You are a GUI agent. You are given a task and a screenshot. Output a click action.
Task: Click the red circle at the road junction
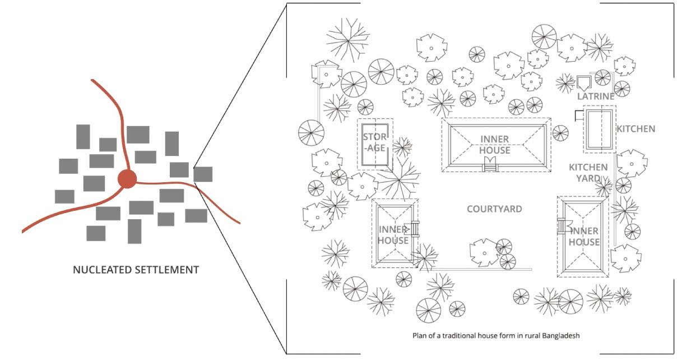pos(127,179)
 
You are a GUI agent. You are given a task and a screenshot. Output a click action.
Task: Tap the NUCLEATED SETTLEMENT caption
pos(136,270)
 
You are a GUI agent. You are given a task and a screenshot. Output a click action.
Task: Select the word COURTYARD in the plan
pos(494,209)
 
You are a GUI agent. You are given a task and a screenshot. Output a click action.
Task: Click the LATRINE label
pos(596,96)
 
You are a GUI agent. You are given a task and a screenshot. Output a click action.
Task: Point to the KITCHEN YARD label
pos(588,173)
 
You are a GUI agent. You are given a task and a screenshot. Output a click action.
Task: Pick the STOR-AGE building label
pos(374,142)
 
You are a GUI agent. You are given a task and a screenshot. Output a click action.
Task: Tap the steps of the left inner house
pos(415,229)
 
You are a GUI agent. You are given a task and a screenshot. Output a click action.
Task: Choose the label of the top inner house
pos(494,145)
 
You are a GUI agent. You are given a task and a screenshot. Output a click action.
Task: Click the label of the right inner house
pos(584,236)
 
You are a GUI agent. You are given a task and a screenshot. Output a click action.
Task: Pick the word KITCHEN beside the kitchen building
pos(635,129)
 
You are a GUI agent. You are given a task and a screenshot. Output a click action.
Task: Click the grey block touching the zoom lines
pos(203,174)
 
